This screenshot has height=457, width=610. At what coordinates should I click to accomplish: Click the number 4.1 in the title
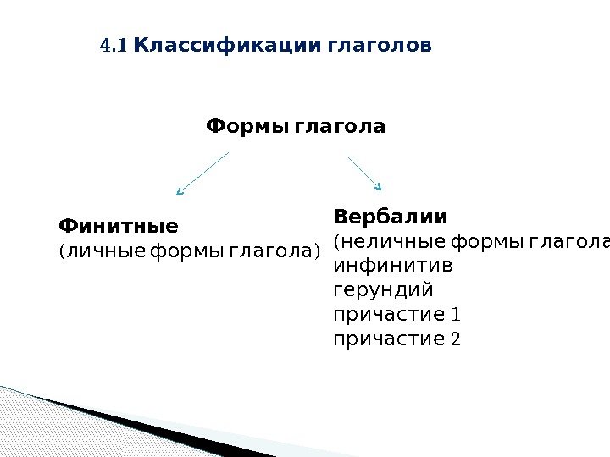coord(114,45)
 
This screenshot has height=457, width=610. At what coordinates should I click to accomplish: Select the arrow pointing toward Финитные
coord(202,174)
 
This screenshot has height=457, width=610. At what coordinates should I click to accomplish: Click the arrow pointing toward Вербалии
coord(365,173)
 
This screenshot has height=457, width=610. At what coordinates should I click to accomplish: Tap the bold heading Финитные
coord(118,227)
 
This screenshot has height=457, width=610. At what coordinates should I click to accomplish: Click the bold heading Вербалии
coord(391,214)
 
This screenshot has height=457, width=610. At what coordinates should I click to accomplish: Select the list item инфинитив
coord(393,267)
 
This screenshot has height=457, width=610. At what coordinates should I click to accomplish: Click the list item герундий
coord(384,291)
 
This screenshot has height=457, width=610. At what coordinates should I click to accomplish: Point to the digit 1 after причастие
coord(457,316)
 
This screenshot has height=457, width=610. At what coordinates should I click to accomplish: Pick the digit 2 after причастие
coord(457,340)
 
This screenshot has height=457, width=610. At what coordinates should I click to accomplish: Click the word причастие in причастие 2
coord(390,340)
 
